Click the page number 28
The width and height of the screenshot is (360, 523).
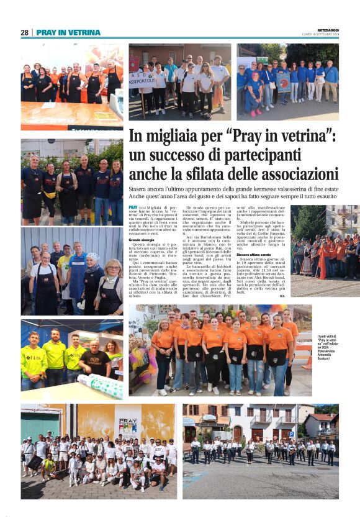tap(24, 32)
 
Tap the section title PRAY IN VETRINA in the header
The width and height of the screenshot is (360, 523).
tap(68, 32)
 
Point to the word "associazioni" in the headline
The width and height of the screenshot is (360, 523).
tap(298, 173)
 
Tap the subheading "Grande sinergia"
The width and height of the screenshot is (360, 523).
tap(142, 239)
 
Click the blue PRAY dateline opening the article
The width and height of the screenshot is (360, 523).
tap(133, 206)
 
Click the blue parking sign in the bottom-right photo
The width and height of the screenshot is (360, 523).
tap(189, 422)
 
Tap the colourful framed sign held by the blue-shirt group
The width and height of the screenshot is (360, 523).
tap(284, 82)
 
